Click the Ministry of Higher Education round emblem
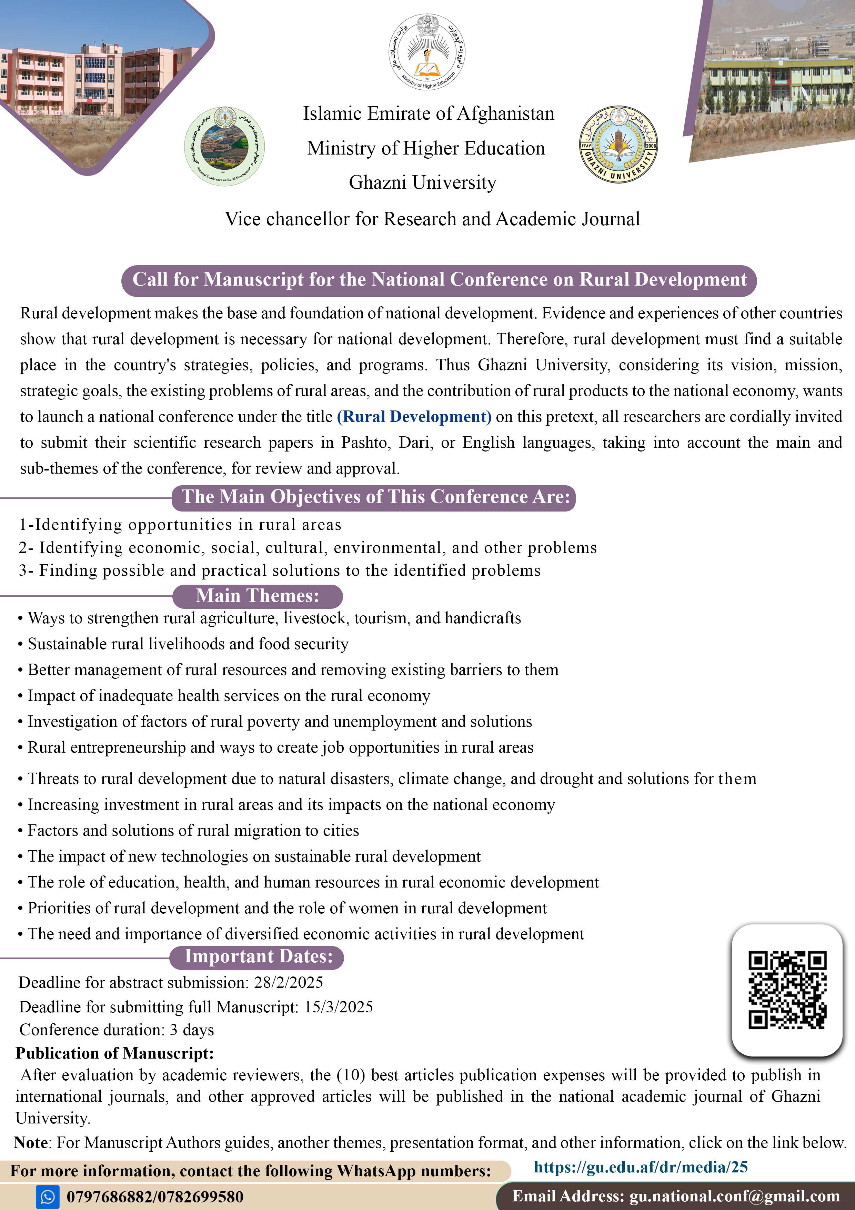[427, 52]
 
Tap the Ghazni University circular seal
[618, 144]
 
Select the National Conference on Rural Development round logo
[224, 146]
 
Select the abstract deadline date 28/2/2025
[288, 982]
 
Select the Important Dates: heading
[258, 956]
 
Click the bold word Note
[31, 1142]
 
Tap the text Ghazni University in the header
[422, 182]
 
